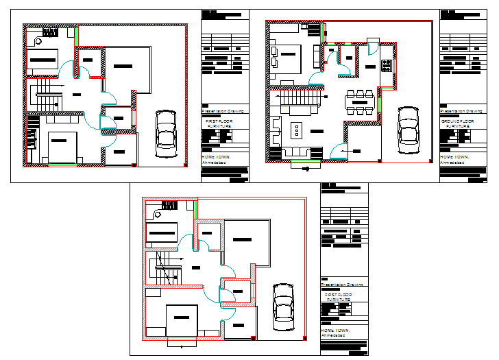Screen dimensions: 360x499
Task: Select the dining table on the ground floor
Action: tap(361, 101)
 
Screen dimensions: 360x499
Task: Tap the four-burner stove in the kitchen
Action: tap(386, 66)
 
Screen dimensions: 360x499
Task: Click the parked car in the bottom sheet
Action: tap(283, 306)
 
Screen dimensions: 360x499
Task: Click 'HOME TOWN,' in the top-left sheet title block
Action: tap(217, 156)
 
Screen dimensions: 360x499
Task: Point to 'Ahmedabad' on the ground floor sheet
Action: tap(452, 163)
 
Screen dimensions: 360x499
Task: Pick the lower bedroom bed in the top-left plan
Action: tap(62, 146)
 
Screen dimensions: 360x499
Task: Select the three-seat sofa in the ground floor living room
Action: tap(296, 151)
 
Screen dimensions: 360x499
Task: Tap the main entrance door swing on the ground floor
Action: tap(337, 152)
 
